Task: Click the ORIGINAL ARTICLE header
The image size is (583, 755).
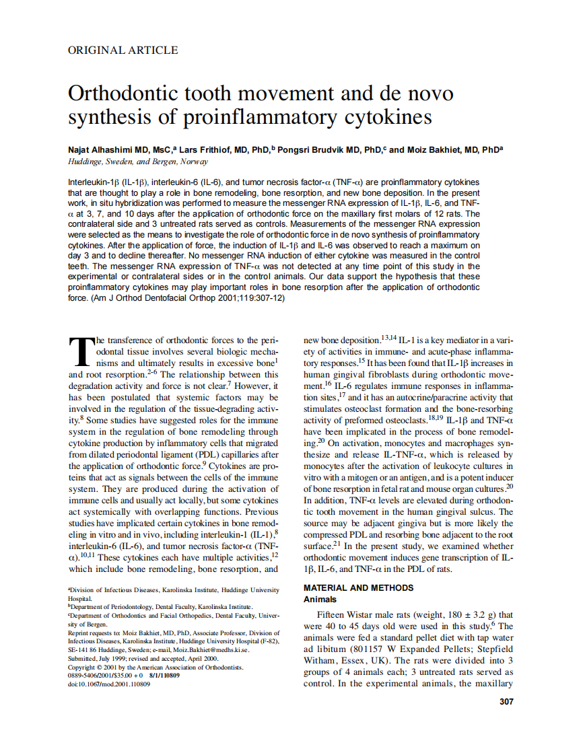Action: pos(123,50)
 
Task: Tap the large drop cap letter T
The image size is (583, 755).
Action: pos(81,350)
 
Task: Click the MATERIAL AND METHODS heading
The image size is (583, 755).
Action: pos(358,587)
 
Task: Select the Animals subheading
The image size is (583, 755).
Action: pos(320,599)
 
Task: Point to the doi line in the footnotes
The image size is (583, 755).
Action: pos(109,684)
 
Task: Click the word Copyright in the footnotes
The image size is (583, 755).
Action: pos(83,667)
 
